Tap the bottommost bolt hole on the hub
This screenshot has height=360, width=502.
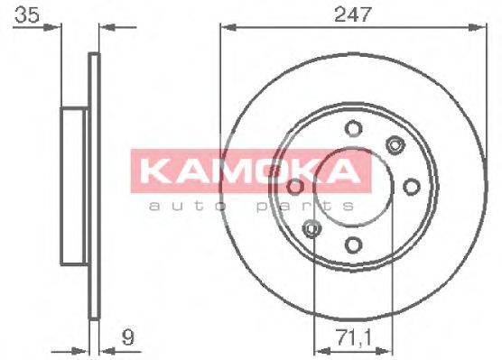353,244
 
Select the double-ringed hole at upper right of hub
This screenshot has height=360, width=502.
394,143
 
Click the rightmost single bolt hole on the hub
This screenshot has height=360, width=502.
412,186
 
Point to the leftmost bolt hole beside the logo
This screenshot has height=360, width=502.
294,187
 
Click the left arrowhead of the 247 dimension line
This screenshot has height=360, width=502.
225,30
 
